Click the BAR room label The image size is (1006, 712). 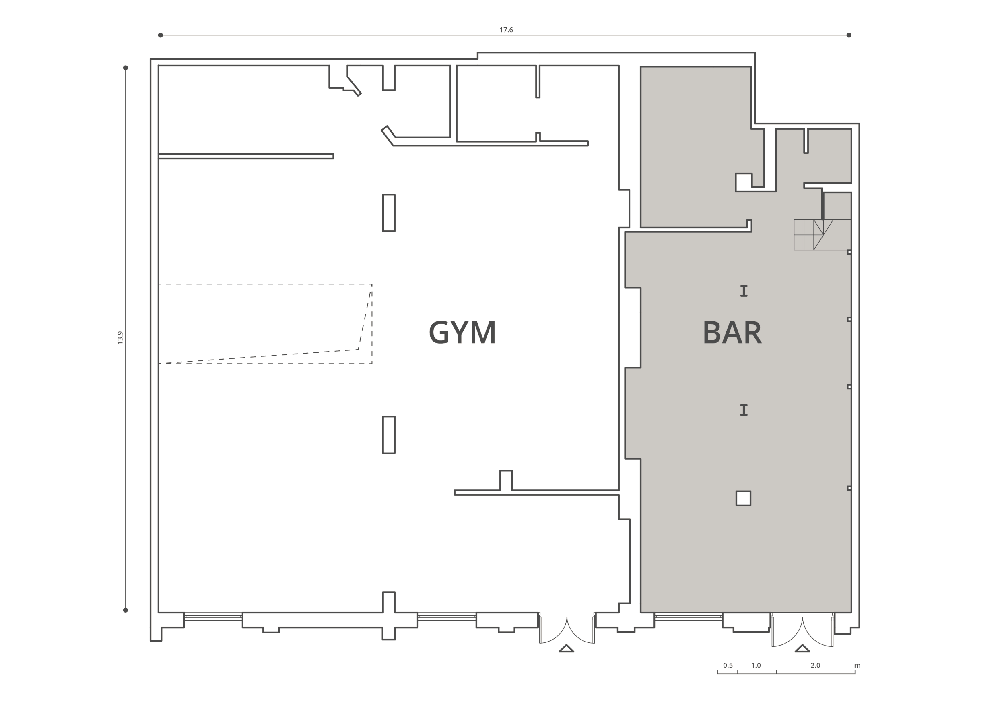pyautogui.click(x=732, y=333)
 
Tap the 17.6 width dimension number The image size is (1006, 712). pyautogui.click(x=506, y=30)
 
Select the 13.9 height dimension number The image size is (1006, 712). pyautogui.click(x=120, y=337)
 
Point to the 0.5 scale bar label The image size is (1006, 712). pyautogui.click(x=728, y=665)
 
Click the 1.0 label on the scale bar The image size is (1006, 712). pyautogui.click(x=756, y=665)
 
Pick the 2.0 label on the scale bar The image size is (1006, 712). pyautogui.click(x=815, y=665)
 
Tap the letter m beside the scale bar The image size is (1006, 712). pyautogui.click(x=857, y=666)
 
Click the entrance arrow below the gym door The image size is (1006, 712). pyautogui.click(x=566, y=648)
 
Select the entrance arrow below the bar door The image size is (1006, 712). pyautogui.click(x=802, y=648)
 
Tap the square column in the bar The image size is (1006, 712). pyautogui.click(x=743, y=498)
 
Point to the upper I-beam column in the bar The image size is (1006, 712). pyautogui.click(x=744, y=291)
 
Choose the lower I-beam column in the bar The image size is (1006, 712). pyautogui.click(x=744, y=410)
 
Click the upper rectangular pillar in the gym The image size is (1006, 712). pyautogui.click(x=389, y=213)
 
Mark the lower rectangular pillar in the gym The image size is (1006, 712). pyautogui.click(x=389, y=435)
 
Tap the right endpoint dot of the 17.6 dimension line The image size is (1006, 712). pyautogui.click(x=849, y=35)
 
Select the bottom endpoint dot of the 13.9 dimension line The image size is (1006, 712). pyautogui.click(x=125, y=610)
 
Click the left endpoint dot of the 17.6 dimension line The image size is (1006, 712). pyautogui.click(x=161, y=35)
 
